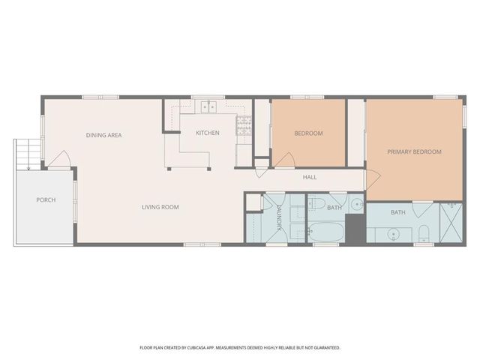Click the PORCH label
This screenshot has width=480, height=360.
[46, 200]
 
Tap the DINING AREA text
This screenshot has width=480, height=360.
[103, 135]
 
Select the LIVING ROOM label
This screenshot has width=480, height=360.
[160, 206]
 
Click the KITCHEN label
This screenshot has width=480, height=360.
[207, 133]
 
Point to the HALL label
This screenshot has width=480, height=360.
[310, 178]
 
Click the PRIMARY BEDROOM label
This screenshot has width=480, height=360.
[414, 151]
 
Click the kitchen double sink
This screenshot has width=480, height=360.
[207, 108]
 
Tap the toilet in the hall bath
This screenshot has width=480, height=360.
[316, 203]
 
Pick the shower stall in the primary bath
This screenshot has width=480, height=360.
[451, 223]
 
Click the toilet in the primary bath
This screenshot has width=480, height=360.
[424, 232]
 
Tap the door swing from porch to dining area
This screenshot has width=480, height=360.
[61, 160]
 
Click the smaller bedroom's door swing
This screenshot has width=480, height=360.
[283, 159]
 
